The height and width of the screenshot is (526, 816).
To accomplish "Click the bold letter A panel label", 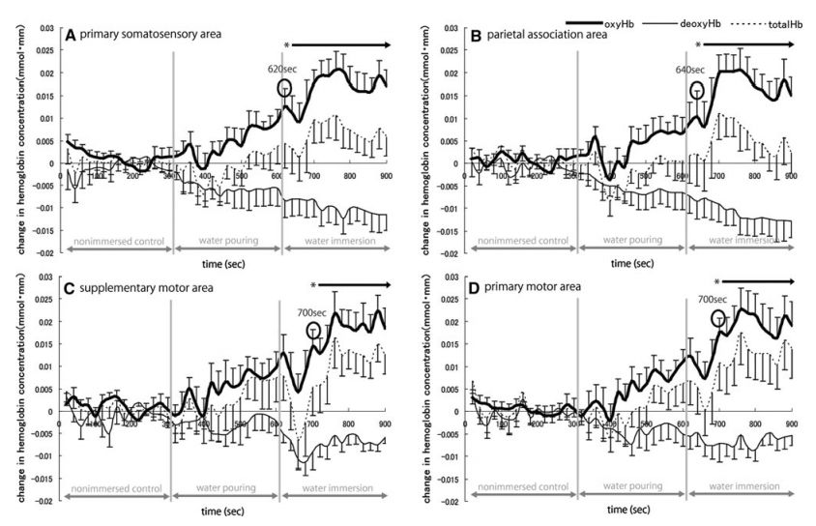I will [x=71, y=35].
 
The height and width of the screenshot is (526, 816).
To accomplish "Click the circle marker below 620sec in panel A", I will [x=285, y=87].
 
